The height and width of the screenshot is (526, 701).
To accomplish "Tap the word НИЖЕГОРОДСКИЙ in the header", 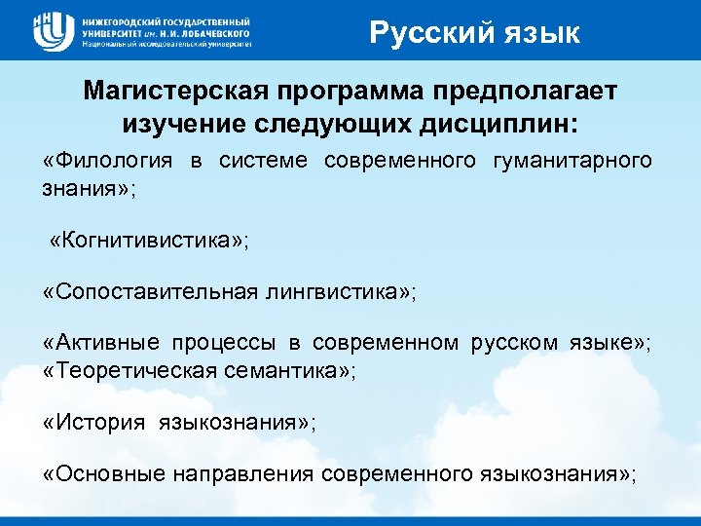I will (124, 20).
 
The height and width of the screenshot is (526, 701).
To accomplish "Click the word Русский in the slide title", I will (420, 34).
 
